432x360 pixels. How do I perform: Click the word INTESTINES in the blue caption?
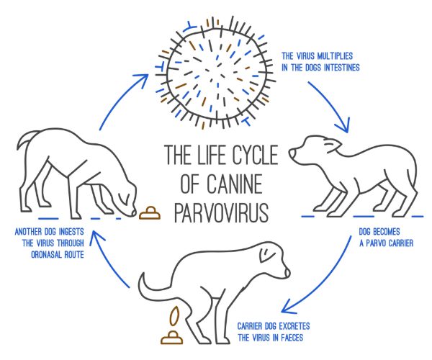[341, 68]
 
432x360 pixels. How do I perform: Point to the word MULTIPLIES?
[335, 56]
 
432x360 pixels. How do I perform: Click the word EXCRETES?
[294, 326]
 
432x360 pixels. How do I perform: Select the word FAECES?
[292, 338]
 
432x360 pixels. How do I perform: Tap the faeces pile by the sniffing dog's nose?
[149, 212]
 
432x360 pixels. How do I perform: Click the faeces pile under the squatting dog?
[171, 338]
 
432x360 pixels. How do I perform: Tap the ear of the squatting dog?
[265, 255]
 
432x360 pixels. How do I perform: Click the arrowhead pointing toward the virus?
[142, 79]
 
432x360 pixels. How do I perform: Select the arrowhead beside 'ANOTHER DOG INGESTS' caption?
[96, 238]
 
